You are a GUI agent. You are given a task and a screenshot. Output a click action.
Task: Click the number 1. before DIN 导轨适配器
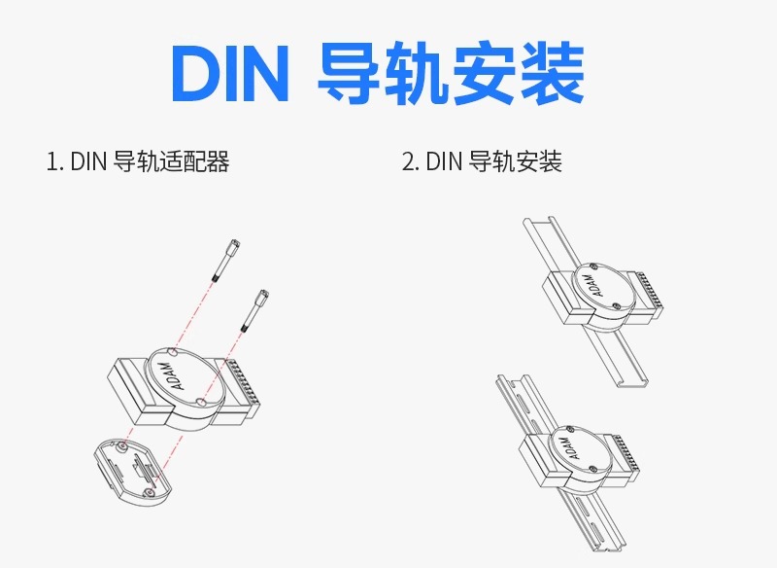[54, 161]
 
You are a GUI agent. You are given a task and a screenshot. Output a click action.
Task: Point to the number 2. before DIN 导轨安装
[410, 161]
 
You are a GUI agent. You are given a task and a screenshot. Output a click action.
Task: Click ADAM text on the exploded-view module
[165, 375]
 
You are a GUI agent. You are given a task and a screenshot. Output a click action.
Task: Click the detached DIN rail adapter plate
[125, 470]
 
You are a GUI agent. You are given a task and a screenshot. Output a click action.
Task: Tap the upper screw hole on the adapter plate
[125, 446]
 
